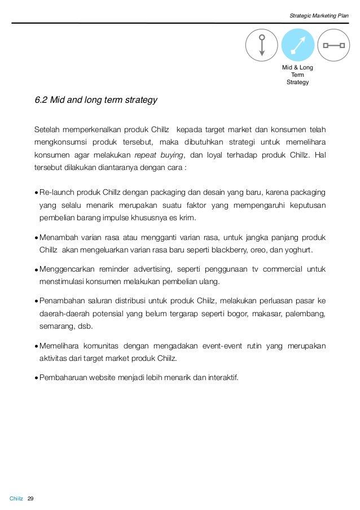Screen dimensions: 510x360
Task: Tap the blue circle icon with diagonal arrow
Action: pos(297,45)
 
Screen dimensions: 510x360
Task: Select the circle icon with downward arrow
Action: pos(261,45)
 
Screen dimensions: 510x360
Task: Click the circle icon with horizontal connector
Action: pos(333,45)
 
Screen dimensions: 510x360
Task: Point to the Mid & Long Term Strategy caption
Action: pos(297,75)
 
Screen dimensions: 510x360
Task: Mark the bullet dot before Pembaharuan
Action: pos(36,377)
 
